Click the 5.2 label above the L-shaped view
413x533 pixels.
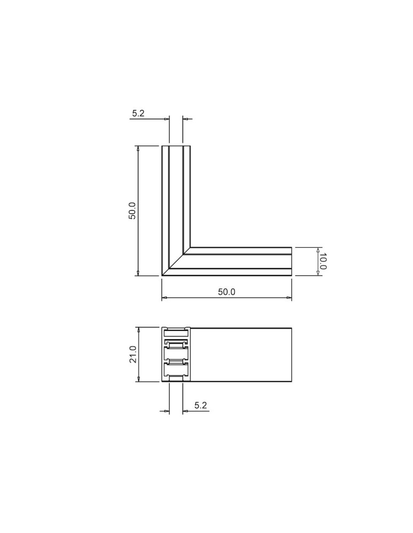[x=138, y=114]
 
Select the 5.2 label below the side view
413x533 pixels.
[x=201, y=406]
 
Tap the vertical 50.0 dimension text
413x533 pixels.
[x=132, y=211]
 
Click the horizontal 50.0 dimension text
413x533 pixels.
[x=226, y=292]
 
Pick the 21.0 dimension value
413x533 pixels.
[x=133, y=354]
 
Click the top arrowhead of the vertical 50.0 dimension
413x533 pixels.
[x=138, y=149]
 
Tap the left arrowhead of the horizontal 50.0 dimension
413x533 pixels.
[x=165, y=297]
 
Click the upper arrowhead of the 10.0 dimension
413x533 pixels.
[x=317, y=250]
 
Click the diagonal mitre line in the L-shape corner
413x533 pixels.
[x=176, y=262]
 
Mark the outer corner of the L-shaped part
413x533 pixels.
[x=162, y=276]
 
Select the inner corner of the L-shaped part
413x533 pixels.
[x=190, y=247]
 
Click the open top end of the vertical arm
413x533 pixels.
[x=176, y=146]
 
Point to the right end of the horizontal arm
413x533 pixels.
[x=291, y=261]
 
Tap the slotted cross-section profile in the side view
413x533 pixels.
[x=176, y=354]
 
